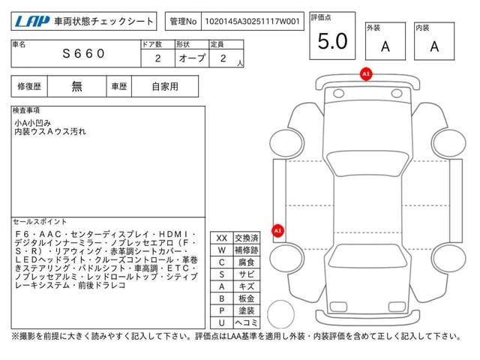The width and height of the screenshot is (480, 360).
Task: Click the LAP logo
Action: pyautogui.click(x=29, y=22)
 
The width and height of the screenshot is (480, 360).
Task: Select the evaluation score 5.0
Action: pyautogui.click(x=332, y=41)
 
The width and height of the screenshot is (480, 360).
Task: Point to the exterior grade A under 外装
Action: pyautogui.click(x=385, y=46)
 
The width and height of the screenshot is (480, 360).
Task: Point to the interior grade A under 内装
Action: pyautogui.click(x=434, y=46)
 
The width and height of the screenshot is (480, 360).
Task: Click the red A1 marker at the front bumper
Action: pyautogui.click(x=366, y=74)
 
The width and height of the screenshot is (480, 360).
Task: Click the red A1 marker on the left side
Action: pyautogui.click(x=277, y=231)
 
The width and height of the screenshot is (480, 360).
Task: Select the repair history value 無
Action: pyautogui.click(x=77, y=86)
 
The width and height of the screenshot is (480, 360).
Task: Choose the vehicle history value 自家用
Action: pyautogui.click(x=165, y=86)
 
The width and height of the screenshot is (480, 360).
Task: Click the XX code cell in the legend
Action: pyautogui.click(x=221, y=238)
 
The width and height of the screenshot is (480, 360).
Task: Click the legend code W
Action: pyautogui.click(x=221, y=250)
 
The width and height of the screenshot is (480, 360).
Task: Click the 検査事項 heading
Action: pyautogui.click(x=27, y=110)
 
